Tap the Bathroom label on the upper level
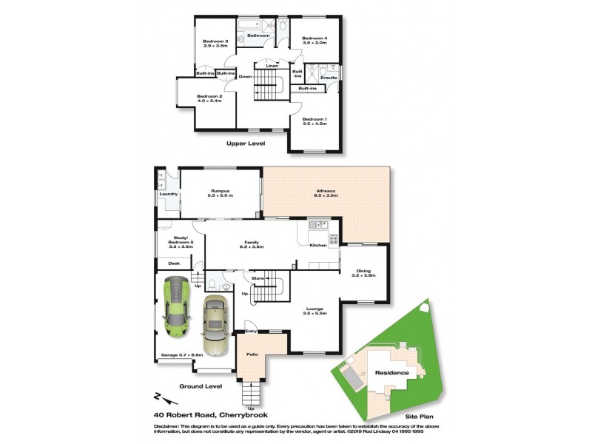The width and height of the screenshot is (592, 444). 258,36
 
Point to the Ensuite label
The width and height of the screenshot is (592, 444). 329,77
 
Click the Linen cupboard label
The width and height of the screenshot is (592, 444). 272,67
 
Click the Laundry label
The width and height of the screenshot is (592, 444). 169,194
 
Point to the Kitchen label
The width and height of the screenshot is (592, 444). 317,244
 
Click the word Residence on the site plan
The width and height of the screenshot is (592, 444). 391,373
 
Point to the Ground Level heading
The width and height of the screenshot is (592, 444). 201,386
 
